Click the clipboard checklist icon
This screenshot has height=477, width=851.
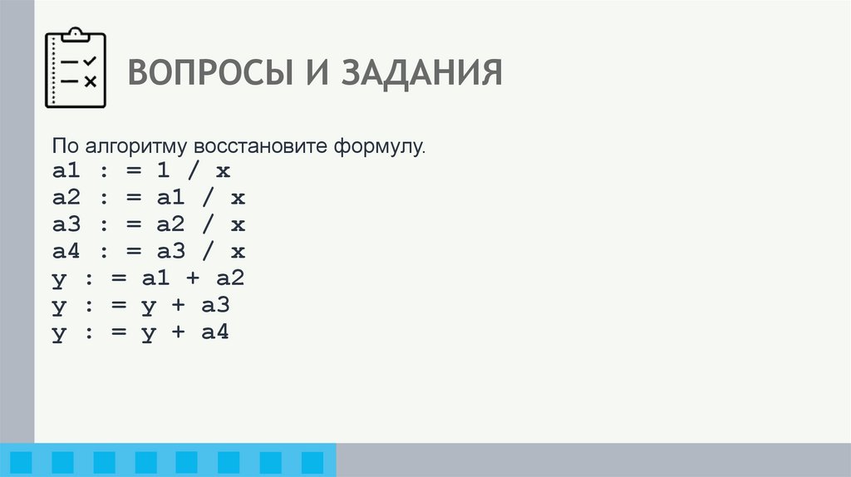[x=76, y=69]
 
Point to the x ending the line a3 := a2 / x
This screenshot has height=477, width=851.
[x=238, y=225]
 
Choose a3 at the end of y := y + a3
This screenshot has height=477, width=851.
[x=214, y=306]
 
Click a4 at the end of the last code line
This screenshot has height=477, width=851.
[x=214, y=332]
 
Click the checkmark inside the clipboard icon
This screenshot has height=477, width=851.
[x=91, y=61]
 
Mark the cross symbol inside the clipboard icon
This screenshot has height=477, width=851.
[x=91, y=81]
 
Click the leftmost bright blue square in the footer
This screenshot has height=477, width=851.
[x=21, y=461]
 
